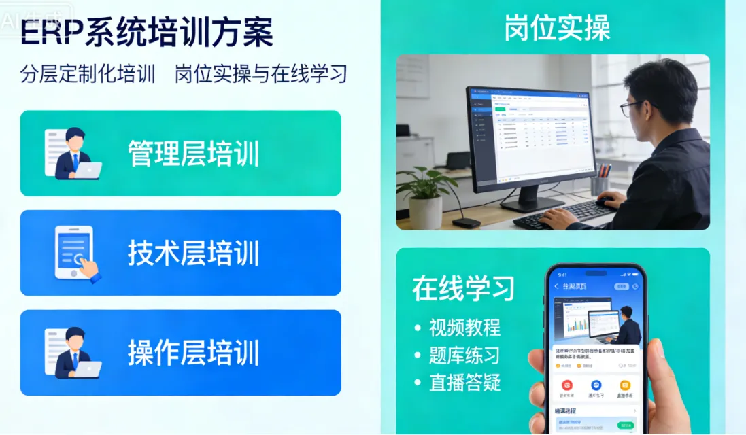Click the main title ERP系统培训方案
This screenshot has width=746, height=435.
(x=147, y=33)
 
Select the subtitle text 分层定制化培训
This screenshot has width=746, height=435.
(x=88, y=73)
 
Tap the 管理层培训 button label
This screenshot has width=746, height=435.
(x=194, y=154)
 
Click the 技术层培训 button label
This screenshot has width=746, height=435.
(x=194, y=253)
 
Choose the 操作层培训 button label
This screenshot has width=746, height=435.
(x=194, y=353)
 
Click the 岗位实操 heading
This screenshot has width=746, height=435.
(x=557, y=28)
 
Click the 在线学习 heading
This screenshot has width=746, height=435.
(x=463, y=288)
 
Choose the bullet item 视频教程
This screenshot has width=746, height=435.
(x=464, y=328)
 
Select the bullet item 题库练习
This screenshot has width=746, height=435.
(x=464, y=355)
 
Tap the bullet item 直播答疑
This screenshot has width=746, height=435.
(x=464, y=383)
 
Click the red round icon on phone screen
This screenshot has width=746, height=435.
(x=566, y=385)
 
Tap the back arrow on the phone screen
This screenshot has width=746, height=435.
(x=556, y=287)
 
